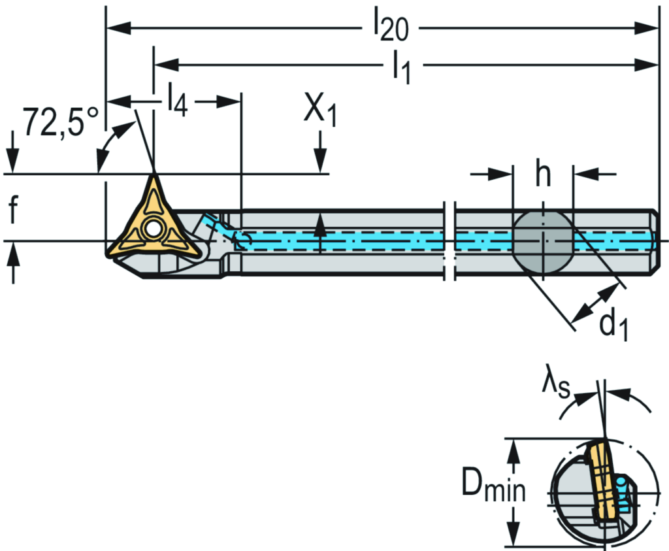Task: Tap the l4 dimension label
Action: pos(176,101)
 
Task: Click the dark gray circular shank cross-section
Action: pos(542,242)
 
